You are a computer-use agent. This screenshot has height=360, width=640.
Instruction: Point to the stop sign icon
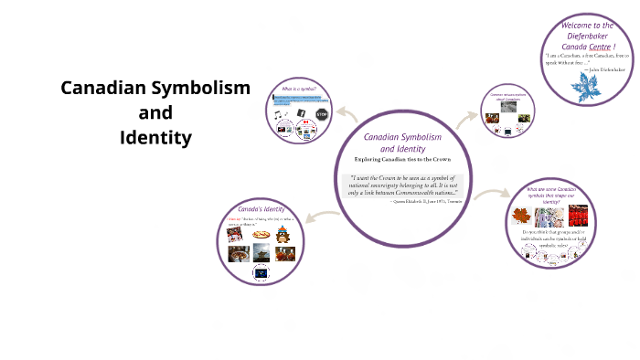click(x=321, y=113)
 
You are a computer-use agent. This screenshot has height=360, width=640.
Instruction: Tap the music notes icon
click(x=279, y=113)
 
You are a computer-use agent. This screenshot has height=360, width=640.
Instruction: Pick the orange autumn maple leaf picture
click(x=521, y=216)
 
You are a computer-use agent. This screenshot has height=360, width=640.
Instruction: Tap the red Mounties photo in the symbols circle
click(x=577, y=216)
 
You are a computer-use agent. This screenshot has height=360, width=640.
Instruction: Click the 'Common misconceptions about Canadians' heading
click(x=508, y=95)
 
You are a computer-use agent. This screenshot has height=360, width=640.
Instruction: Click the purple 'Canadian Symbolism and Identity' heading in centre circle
click(x=402, y=142)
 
